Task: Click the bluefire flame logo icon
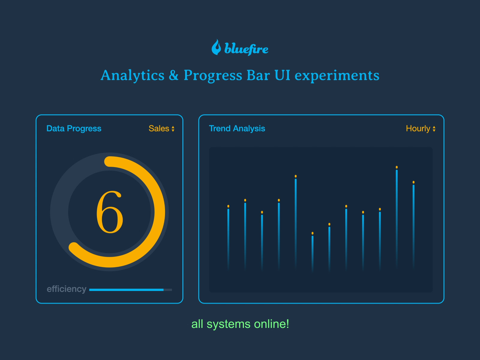click(216, 47)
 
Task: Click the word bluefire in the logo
click(246, 49)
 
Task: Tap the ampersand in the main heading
click(174, 75)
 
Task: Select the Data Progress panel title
click(74, 128)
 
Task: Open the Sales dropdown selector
click(161, 128)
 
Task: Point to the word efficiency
click(66, 289)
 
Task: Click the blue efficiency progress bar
click(126, 290)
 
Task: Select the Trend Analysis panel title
click(237, 128)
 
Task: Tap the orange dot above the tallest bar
click(397, 167)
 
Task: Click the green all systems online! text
click(240, 324)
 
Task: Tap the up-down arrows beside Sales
click(173, 129)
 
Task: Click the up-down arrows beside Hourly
click(434, 129)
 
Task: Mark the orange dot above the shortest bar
click(312, 233)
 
